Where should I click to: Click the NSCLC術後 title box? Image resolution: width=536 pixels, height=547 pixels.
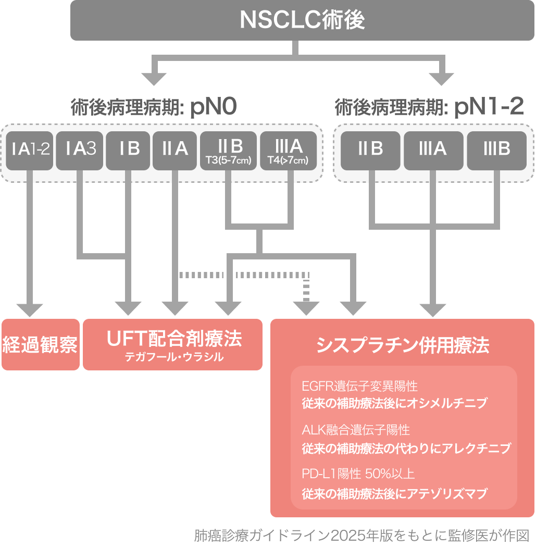coord(302,20)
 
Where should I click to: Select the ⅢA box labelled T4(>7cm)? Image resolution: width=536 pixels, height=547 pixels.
coord(288,151)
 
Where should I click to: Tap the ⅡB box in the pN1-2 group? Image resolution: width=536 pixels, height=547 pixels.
coord(370,150)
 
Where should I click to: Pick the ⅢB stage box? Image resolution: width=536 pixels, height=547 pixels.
coord(496,150)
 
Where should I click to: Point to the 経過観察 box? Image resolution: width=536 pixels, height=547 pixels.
coord(40,344)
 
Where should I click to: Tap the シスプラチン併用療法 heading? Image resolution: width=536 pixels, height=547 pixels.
coord(403,345)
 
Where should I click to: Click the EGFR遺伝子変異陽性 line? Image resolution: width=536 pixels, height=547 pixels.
coord(359,387)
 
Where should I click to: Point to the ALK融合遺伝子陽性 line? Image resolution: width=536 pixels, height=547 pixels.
coord(356,430)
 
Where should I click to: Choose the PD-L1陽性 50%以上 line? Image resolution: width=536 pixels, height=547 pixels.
coord(358,474)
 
